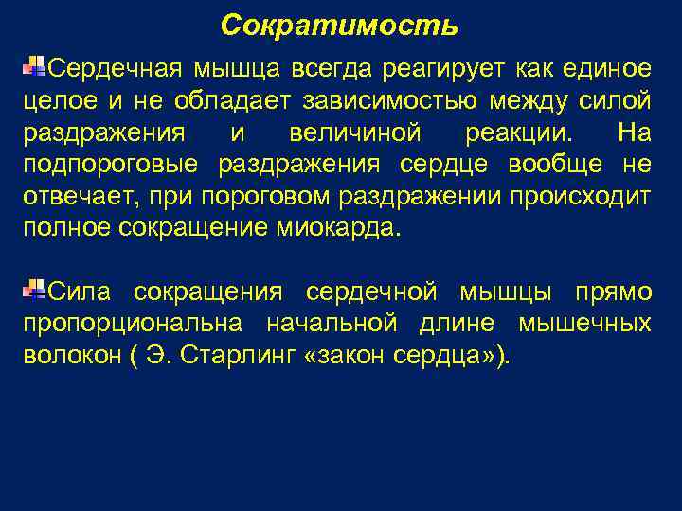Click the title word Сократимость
pos(339,26)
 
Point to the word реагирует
pos(446,69)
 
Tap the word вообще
pos(553,165)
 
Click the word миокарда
pos(349,229)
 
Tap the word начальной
pos(331,324)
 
